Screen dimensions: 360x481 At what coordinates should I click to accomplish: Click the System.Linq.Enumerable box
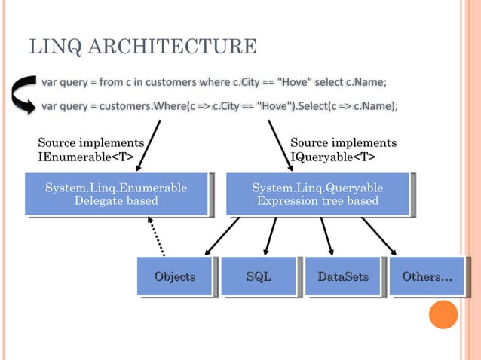116,194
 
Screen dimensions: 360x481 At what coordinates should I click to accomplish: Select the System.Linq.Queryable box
317,194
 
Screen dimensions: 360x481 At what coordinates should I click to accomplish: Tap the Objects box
174,277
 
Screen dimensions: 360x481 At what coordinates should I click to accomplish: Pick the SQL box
259,277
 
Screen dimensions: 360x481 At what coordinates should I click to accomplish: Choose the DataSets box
342,277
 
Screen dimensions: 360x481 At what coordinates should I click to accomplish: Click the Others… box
427,277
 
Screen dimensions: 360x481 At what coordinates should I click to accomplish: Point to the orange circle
443,315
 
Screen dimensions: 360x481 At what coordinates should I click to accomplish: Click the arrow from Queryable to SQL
271,235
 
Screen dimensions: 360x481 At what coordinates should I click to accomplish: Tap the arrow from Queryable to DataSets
326,235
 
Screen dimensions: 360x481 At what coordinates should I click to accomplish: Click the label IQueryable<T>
333,157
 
